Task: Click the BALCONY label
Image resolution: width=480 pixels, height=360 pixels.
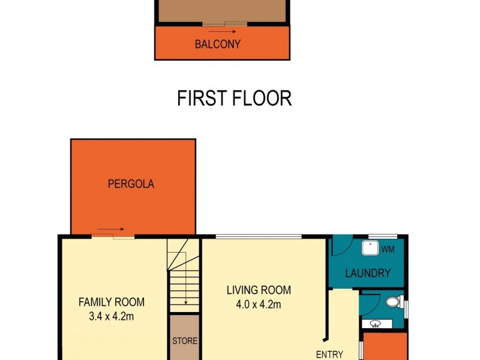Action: tap(217, 44)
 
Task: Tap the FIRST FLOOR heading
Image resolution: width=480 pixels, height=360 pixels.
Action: tap(235, 98)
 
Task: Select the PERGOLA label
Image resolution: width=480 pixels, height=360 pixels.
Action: tap(131, 184)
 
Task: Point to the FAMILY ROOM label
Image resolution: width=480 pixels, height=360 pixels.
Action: tap(112, 302)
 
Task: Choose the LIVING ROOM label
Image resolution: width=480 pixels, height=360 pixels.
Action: tap(259, 290)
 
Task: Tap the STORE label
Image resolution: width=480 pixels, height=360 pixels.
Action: tap(185, 341)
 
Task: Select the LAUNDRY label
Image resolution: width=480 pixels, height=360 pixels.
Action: tap(368, 274)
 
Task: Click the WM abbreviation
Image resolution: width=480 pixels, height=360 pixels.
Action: tap(388, 250)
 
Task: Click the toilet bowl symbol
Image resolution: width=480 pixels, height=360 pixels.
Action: tap(393, 302)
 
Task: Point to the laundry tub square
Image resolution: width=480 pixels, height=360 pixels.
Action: tap(370, 249)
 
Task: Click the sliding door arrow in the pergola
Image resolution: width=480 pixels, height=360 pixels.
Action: tap(110, 229)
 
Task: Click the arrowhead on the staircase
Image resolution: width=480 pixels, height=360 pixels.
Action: tap(187, 302)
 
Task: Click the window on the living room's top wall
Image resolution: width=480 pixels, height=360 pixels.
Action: tap(258, 236)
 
